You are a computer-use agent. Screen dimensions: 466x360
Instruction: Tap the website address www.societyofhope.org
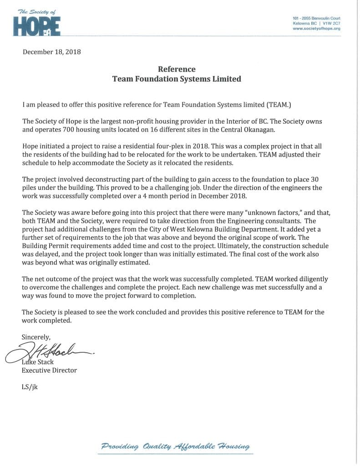[316, 28]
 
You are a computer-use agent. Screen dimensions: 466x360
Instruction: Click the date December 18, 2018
[51, 52]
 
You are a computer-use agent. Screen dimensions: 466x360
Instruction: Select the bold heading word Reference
[177, 69]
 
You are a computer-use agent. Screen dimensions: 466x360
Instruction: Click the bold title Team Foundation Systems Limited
[177, 79]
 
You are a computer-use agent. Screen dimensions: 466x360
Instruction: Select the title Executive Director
[49, 370]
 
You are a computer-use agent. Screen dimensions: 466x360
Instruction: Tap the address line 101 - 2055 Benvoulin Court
[316, 17]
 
